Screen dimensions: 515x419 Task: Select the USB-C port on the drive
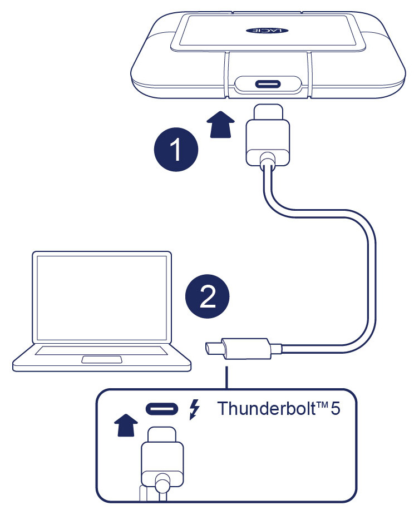268,86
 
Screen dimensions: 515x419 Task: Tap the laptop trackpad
102,359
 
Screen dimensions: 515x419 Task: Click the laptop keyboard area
101,350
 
